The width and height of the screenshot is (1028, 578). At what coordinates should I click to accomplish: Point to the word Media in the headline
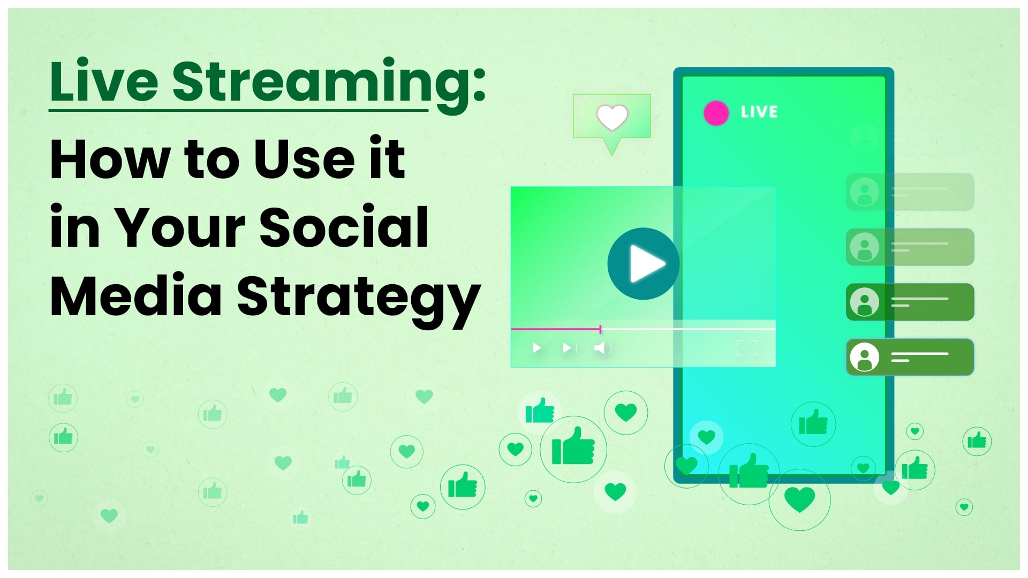click(136, 295)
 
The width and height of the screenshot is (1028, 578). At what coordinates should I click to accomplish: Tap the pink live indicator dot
click(716, 113)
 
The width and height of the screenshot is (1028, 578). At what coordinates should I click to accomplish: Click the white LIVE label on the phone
click(759, 112)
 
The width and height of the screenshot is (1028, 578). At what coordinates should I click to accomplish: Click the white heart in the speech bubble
click(612, 117)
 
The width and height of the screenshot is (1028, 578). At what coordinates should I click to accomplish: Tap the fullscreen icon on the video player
click(747, 348)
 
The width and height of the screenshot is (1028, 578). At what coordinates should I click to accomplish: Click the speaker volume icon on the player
click(603, 348)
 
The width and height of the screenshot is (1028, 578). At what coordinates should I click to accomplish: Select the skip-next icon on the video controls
click(569, 348)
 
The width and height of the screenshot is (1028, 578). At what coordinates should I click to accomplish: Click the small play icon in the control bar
click(536, 348)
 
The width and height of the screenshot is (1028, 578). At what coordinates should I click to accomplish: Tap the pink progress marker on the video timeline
click(600, 329)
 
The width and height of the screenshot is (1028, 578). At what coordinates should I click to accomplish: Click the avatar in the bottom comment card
click(865, 357)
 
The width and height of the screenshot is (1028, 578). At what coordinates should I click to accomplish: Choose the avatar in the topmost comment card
click(865, 192)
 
